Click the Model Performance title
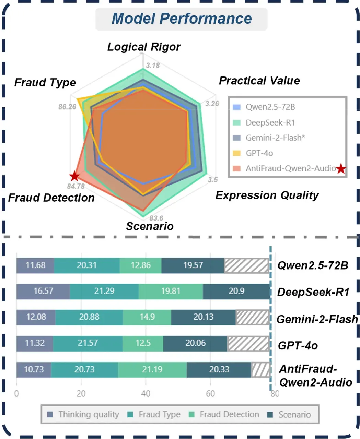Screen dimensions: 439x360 182,19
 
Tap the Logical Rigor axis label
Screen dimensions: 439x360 144,47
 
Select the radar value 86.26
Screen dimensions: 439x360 67,107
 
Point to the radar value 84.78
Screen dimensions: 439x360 76,186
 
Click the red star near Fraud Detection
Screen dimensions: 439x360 74,176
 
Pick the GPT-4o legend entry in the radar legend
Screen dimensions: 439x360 259,153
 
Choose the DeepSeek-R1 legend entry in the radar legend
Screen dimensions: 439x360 270,122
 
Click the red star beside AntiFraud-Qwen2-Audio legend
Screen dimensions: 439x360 341,169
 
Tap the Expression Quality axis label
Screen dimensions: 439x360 267,195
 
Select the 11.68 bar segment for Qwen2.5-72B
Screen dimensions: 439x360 35,265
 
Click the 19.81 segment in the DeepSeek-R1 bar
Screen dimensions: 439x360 171,291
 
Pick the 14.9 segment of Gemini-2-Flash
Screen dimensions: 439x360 147,317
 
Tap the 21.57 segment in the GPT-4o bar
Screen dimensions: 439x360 88,343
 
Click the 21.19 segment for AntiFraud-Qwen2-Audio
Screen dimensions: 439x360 152,369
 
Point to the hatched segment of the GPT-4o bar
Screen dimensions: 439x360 248,343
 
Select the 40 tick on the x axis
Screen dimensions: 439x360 146,393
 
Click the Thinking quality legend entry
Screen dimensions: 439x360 88,414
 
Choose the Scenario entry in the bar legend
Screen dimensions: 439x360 294,414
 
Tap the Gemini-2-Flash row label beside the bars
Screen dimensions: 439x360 317,319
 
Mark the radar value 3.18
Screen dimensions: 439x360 153,65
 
